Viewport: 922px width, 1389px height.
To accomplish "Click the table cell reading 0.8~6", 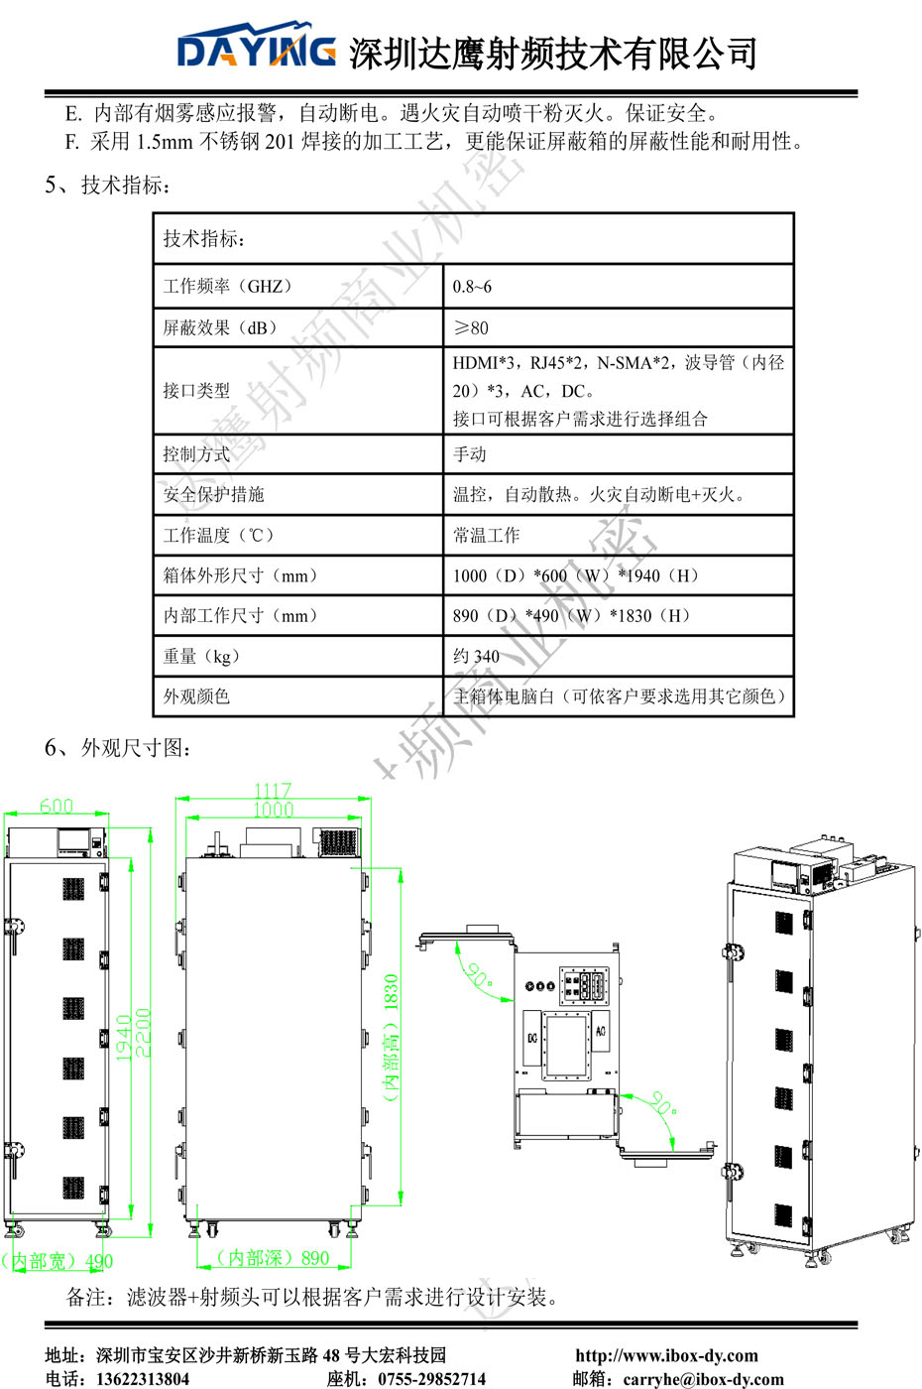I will pos(472,287).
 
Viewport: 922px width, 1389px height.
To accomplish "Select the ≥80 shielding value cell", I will pos(471,327).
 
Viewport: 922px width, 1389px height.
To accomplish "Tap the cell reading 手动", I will pos(470,454).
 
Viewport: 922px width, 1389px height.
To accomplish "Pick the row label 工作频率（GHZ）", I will pos(228,287).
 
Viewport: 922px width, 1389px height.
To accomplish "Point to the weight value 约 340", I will pos(477,656).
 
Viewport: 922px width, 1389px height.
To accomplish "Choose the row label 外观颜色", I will pos(196,696).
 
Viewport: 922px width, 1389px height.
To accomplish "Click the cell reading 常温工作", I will pos(487,536).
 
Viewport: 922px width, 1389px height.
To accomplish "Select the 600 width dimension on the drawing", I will pos(57,806).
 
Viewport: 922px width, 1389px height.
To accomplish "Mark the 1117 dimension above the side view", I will pos(273,791).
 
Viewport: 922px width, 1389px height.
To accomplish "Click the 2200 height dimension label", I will pos(143,1033).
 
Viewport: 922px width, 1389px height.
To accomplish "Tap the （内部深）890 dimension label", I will pos(274,1258).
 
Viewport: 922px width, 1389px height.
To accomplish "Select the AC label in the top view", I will pos(601,1032).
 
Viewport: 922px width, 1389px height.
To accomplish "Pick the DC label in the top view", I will pos(532,1038).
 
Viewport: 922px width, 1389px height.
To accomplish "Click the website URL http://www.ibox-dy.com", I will pos(666,1355).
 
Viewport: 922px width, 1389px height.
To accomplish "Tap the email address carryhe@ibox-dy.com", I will pos(703,1379).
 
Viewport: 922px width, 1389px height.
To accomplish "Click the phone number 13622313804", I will pos(142,1379).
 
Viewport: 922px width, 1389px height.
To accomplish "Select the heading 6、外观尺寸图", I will pos(117,748).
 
